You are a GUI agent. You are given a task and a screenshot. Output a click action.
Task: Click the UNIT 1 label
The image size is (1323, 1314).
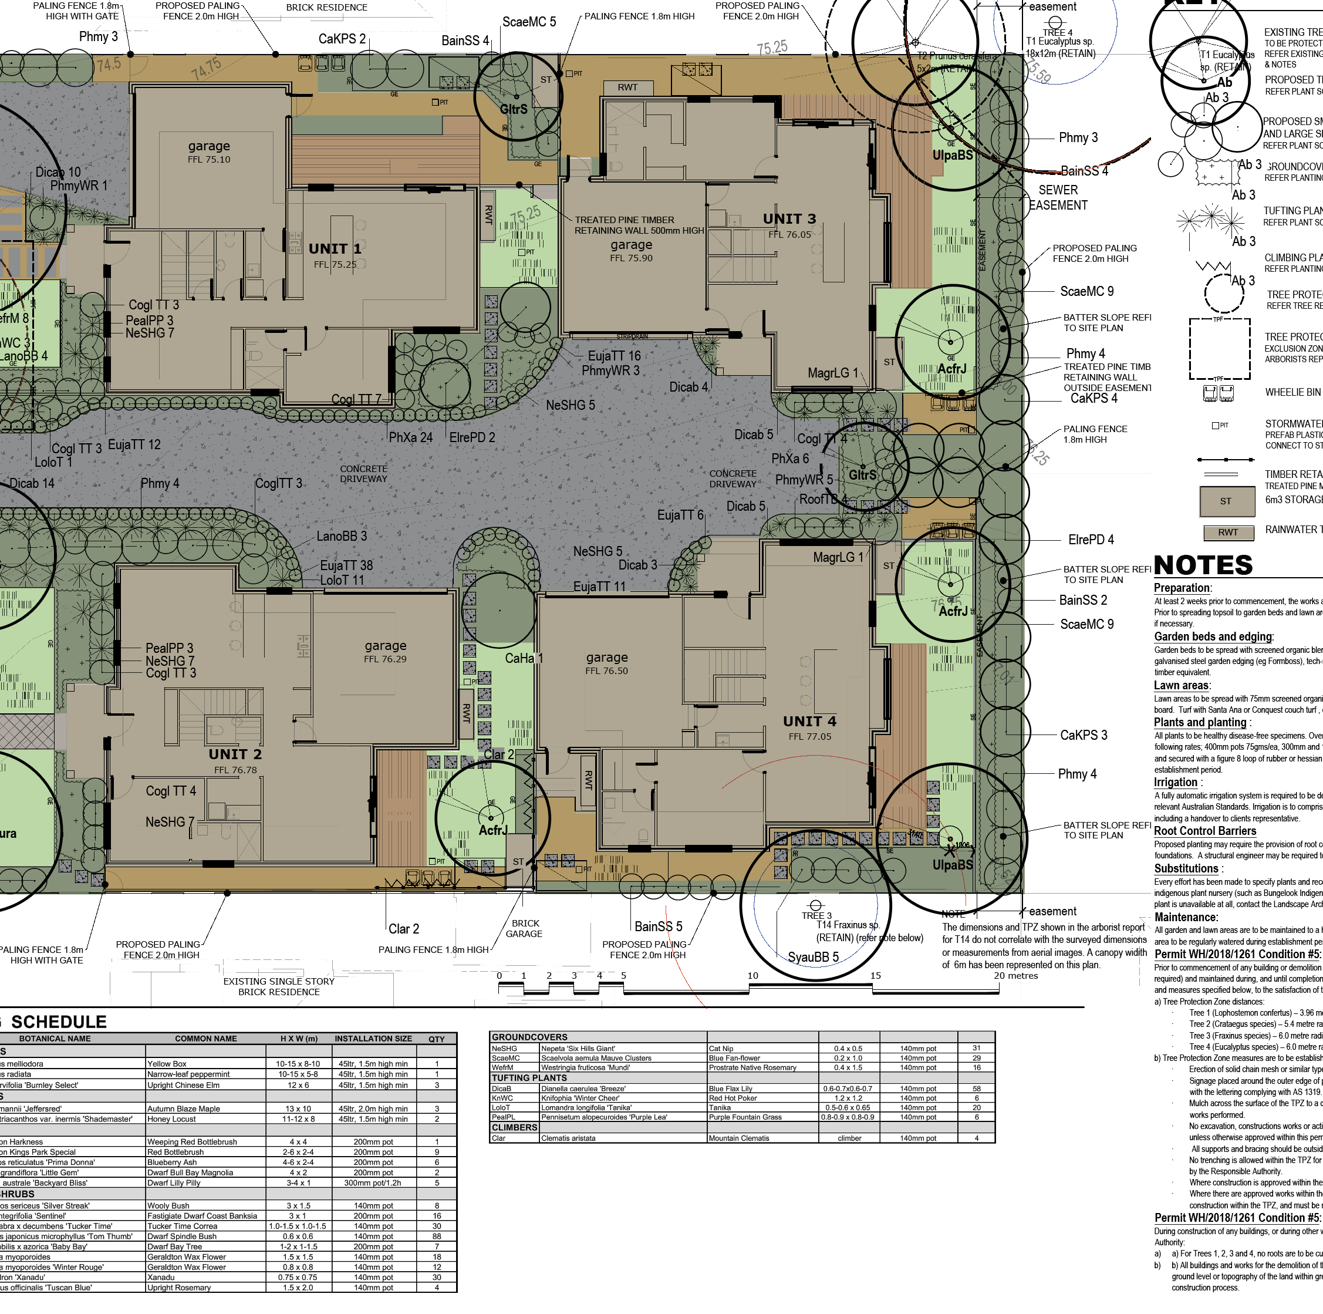point(334,249)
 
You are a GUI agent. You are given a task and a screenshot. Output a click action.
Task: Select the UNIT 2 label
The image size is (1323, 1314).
point(235,754)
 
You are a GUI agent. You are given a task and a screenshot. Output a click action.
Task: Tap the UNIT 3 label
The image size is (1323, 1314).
point(789,218)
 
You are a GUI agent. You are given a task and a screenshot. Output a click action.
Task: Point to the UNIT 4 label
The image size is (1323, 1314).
point(809,722)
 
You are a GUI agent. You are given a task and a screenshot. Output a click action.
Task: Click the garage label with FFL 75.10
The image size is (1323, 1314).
point(209,146)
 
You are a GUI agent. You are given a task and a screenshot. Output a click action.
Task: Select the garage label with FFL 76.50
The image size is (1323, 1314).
point(607,658)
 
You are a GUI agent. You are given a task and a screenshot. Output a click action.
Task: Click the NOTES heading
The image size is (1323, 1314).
point(1203,565)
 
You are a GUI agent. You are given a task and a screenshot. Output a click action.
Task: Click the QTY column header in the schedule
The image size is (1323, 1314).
point(436,1039)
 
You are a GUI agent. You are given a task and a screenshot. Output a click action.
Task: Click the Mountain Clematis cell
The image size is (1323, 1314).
point(739,1138)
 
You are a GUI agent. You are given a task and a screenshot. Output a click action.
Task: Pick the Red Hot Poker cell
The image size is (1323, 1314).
point(733,1098)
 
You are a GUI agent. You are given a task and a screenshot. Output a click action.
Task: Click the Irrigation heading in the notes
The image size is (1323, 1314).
point(1176,783)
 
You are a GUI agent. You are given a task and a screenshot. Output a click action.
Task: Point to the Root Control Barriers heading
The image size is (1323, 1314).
point(1204,831)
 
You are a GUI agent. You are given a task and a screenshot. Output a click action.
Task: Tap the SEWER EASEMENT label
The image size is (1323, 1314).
point(1058,197)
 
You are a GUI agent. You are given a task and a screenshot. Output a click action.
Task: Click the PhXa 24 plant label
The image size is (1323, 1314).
point(410,437)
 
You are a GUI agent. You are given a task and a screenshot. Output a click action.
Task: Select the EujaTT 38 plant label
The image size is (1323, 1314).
point(346,565)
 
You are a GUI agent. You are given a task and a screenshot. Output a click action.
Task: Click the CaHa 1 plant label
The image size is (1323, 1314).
point(523,658)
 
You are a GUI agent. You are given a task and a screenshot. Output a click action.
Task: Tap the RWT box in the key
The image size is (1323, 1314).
point(1228,533)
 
